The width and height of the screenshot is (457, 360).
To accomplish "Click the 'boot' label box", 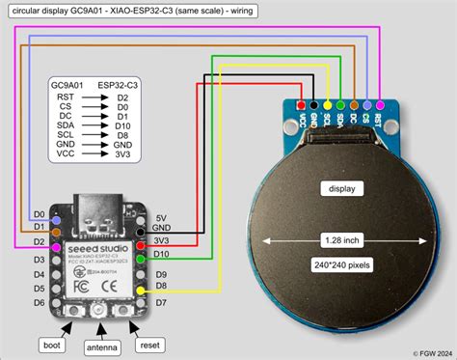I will [x=54, y=345].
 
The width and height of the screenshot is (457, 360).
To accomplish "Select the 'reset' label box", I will [x=149, y=345].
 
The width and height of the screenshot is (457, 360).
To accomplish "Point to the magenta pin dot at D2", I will [x=56, y=241].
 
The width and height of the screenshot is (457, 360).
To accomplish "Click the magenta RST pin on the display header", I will [x=379, y=103].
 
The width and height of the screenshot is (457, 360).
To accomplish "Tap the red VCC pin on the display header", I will [x=304, y=103].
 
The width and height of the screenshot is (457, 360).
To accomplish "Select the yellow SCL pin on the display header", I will [x=329, y=103].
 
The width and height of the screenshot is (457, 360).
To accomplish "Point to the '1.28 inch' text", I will [x=340, y=237].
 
